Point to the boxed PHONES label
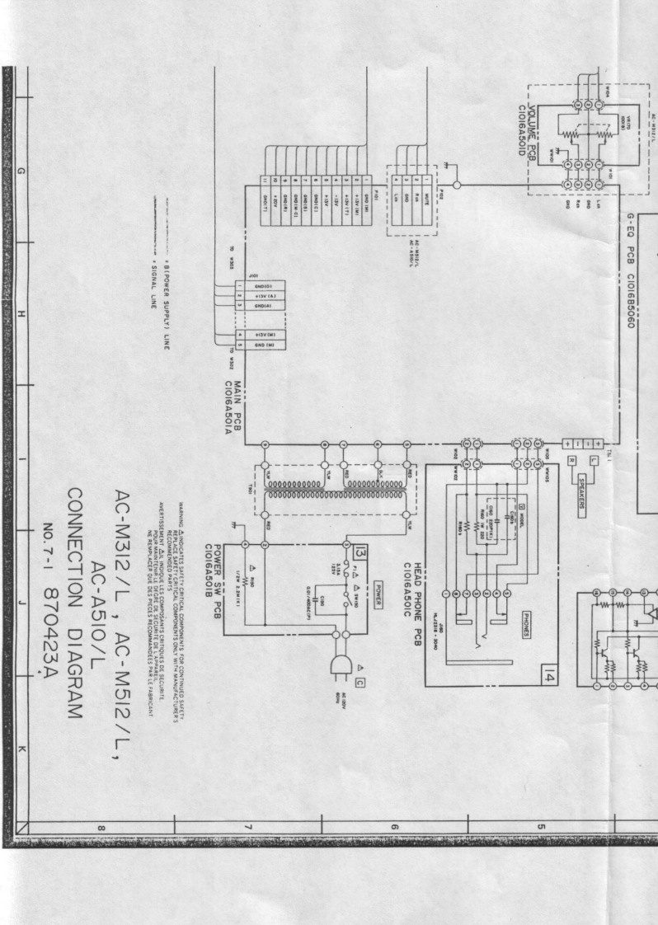[529, 613]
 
